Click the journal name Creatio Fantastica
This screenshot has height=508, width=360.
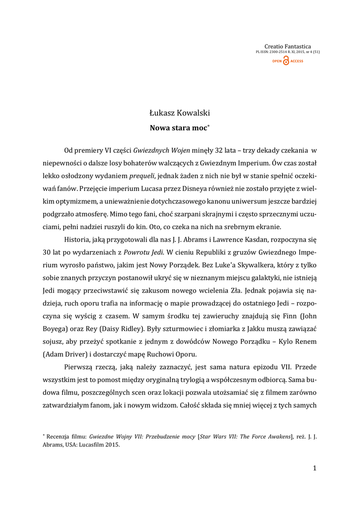point(288,47)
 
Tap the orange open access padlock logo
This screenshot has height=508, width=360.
point(286,61)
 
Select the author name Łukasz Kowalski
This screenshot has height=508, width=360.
point(180,114)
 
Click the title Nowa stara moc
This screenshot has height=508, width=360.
point(178,127)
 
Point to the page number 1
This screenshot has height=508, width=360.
point(315,468)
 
